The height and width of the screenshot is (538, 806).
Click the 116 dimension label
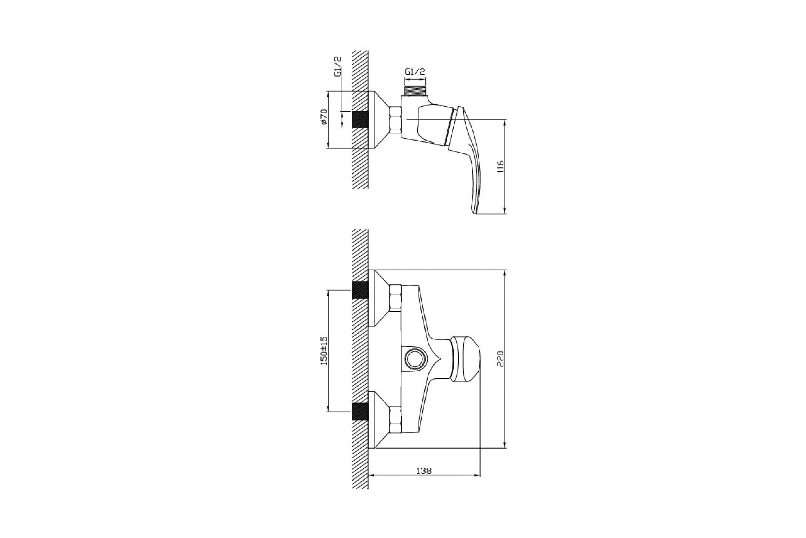pyautogui.click(x=500, y=166)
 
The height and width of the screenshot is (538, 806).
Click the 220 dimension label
pyautogui.click(x=500, y=359)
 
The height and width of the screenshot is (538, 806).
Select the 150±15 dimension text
pyautogui.click(x=324, y=351)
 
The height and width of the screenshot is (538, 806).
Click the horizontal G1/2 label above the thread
pyautogui.click(x=415, y=72)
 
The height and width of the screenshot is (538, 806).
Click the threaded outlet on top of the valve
pyautogui.click(x=415, y=91)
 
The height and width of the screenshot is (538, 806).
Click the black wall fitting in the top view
pyautogui.click(x=360, y=120)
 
